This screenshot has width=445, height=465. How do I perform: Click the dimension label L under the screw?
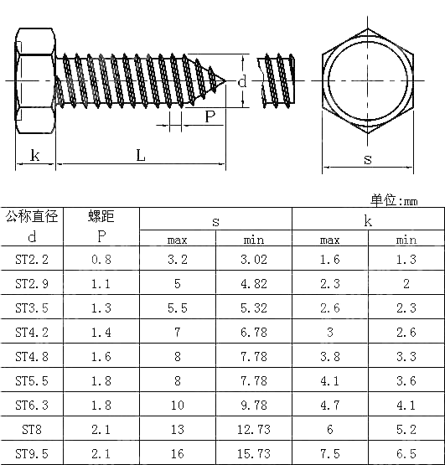tap(140, 155)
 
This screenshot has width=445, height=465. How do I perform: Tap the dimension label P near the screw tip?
tap(210, 116)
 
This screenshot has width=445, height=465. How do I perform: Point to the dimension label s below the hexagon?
tap(367, 158)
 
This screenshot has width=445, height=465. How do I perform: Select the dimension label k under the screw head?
tap(34, 155)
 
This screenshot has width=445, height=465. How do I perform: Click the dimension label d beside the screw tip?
tap(241, 82)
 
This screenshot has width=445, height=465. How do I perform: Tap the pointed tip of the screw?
tap(226, 81)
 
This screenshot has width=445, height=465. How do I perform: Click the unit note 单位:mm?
tap(393, 199)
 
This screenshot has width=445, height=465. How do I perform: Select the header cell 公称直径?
tap(32, 217)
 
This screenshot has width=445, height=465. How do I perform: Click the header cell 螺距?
tap(101, 217)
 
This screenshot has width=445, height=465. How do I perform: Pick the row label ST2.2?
tap(32, 260)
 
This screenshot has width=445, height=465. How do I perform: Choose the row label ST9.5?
tap(32, 453)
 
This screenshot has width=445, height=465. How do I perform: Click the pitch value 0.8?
tap(101, 260)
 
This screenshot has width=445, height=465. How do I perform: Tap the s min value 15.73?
tap(253, 453)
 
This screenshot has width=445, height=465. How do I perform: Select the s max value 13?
tap(178, 429)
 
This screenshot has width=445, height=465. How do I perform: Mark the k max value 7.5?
tap(329, 453)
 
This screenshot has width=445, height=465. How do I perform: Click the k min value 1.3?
tap(406, 260)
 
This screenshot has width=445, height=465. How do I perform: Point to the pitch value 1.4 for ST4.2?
tap(101, 333)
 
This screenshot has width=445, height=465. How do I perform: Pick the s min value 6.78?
tap(253, 333)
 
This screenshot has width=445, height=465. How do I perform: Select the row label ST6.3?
tap(32, 405)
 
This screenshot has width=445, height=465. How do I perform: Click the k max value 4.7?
tap(329, 405)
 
